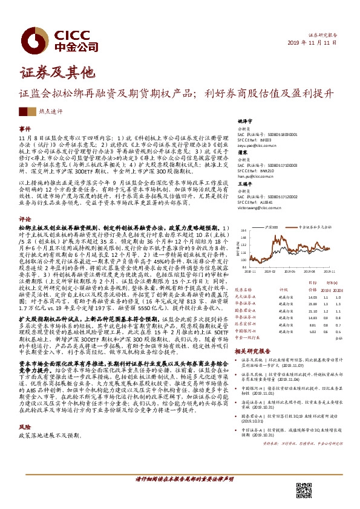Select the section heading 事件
coord(25,129)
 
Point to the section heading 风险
coord(25,392)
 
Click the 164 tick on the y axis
coord(241,231)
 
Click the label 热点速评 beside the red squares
coord(50,112)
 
